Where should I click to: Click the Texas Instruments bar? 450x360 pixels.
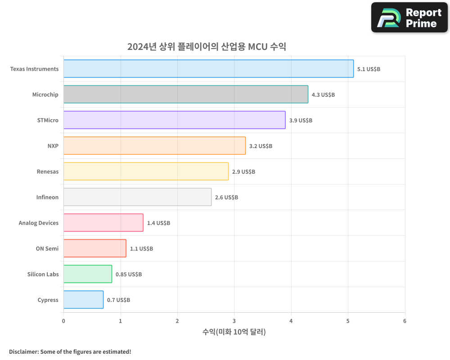208,69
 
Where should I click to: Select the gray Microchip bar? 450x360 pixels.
185,94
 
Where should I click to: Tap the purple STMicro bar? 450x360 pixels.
174,120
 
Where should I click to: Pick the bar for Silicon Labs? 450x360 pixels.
87,274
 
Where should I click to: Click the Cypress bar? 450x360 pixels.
83,300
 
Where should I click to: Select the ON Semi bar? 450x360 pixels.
94,248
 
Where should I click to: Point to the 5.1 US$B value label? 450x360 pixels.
369,69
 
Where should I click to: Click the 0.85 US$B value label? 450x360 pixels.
129,274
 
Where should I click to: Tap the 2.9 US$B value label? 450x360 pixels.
243,171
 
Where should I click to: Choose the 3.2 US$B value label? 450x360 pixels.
261,146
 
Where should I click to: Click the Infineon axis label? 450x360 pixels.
47,197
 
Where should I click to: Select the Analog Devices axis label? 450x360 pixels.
39,223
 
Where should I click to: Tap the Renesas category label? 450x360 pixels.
48,171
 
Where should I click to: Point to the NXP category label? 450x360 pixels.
53,146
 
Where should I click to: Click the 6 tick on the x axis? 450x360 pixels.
405,321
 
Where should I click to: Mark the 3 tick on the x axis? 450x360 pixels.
234,321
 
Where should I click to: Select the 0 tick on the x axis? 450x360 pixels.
63,321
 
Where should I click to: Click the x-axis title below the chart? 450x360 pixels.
234,332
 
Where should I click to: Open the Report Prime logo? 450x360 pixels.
409,18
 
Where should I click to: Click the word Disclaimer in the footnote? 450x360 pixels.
23,351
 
